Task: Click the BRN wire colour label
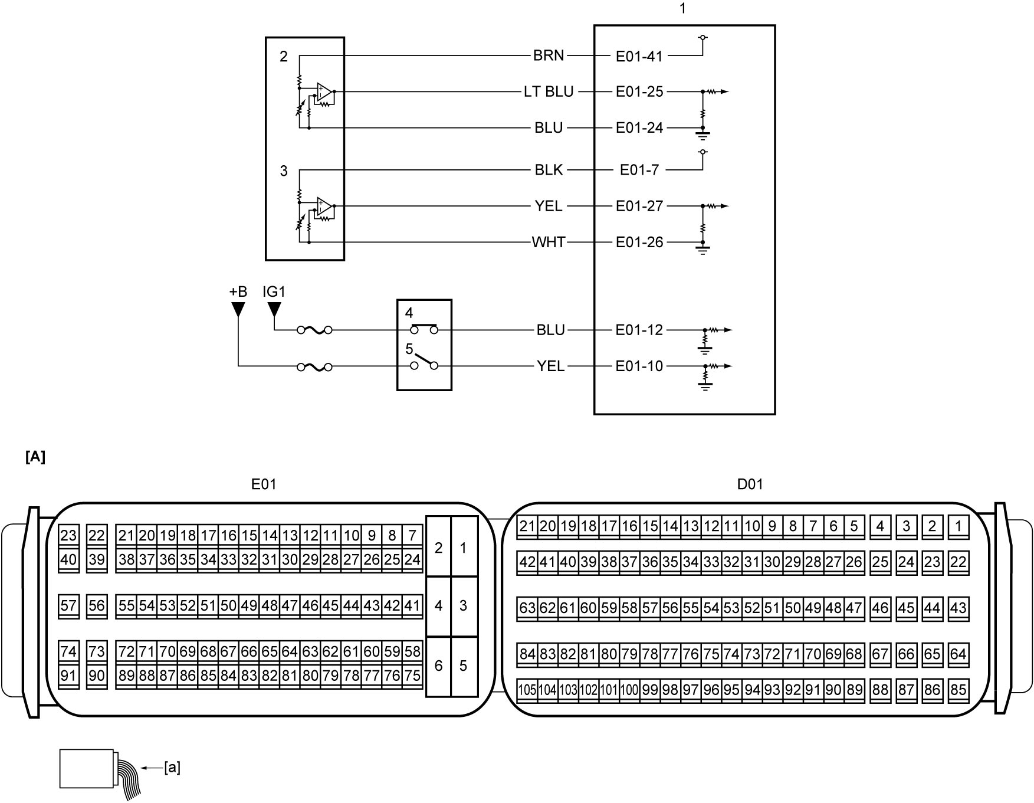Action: pos(549,55)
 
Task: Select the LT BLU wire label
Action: pos(548,91)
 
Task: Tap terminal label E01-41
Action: pos(639,56)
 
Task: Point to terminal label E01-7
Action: pos(639,170)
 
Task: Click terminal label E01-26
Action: pos(639,242)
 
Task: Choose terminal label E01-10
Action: pos(639,366)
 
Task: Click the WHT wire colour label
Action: pos(549,242)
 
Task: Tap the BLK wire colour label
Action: pos(549,170)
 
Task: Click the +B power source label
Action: pos(238,291)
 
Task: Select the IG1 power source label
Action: pos(274,291)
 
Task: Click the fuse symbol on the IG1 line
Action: pos(314,330)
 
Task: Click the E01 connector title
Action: pos(263,484)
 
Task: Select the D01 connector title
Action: pos(750,484)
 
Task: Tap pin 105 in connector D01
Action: pos(527,689)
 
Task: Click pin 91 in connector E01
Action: pos(68,676)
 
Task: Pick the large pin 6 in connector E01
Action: pos(438,666)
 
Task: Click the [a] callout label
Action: pos(172,767)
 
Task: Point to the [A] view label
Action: pos(35,457)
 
